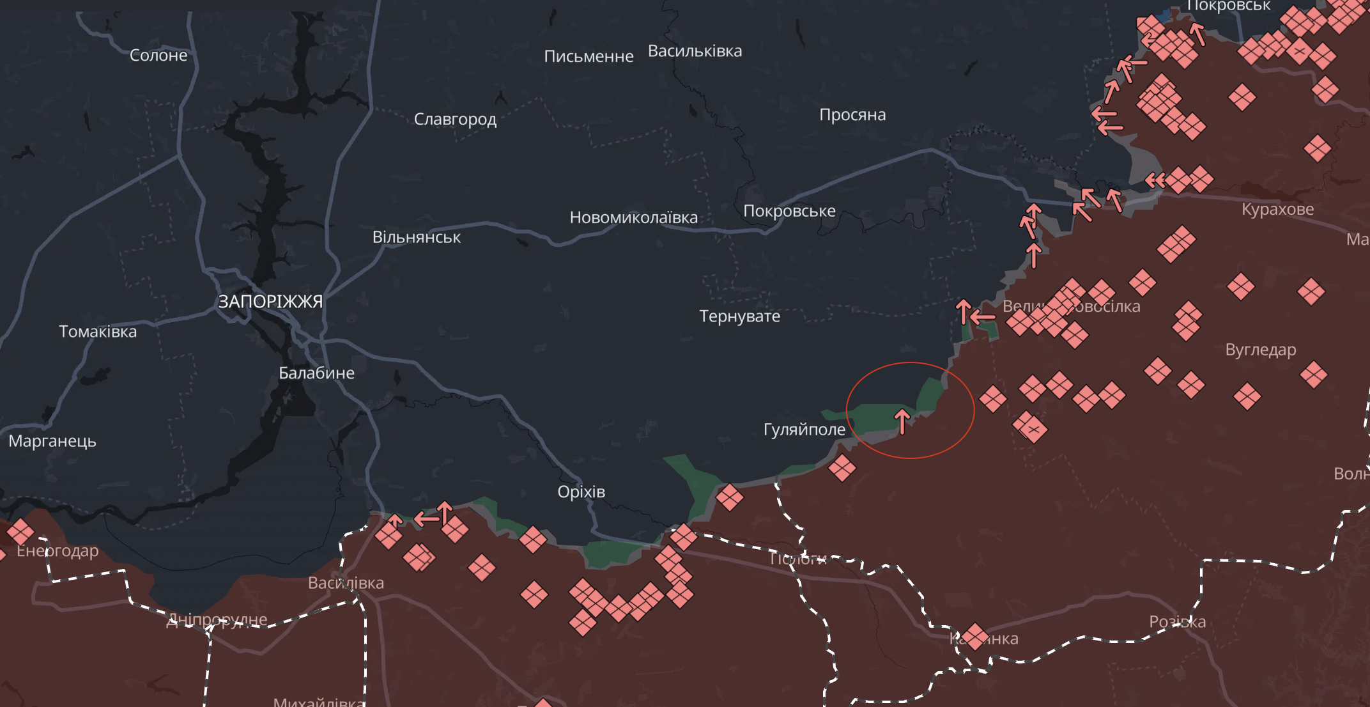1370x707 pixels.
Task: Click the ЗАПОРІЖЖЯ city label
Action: (270, 302)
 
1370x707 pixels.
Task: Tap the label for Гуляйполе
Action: (804, 430)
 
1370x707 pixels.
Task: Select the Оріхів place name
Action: (581, 492)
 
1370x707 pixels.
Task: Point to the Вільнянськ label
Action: (416, 237)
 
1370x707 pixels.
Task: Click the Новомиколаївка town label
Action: (633, 217)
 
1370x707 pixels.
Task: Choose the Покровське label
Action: (789, 211)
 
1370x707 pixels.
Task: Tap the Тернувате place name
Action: (739, 316)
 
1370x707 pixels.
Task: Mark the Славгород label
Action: (455, 120)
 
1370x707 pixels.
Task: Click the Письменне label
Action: (589, 56)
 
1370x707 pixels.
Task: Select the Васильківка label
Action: (695, 51)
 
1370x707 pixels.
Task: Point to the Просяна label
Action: (852, 115)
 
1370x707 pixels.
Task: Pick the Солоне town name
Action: (158, 56)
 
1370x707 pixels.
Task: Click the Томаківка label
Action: (98, 332)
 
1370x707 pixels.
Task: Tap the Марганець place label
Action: (52, 441)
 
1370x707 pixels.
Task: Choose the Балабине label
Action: (316, 373)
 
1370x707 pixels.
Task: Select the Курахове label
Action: (1277, 209)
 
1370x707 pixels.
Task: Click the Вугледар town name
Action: (1260, 350)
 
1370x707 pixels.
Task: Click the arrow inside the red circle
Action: (902, 422)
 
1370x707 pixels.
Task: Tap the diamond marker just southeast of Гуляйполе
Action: (842, 467)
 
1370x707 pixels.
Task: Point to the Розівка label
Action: (1177, 621)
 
